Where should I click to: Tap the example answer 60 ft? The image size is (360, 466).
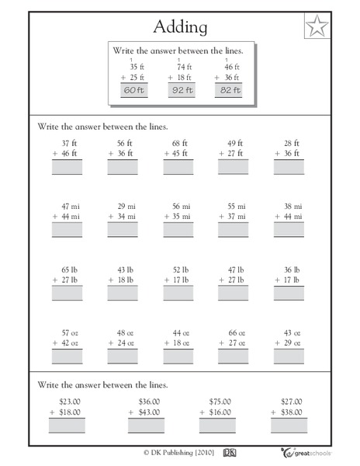tap(134, 90)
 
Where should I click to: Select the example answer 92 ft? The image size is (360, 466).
tap(183, 90)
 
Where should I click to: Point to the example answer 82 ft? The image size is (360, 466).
tap(230, 90)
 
